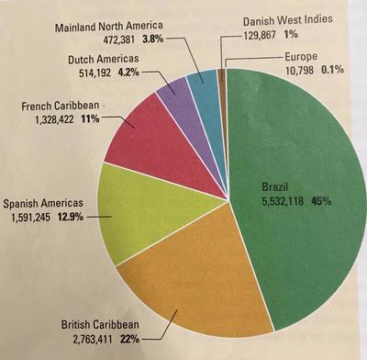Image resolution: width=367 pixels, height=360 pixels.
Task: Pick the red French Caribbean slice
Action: click(151, 138)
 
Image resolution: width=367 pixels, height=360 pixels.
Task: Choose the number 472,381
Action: click(127, 40)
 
